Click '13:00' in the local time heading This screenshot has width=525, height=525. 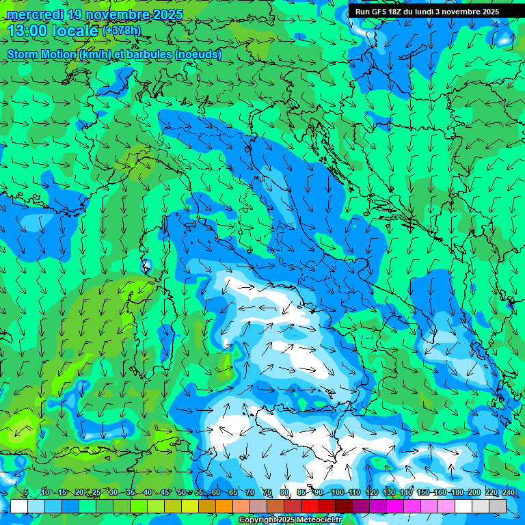pos(27,31)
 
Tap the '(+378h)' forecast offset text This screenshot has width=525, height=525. pos(122,31)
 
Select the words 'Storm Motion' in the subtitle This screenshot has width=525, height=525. pos(42,54)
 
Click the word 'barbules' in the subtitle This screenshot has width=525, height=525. pos(149,54)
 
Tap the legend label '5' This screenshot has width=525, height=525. pos(26,493)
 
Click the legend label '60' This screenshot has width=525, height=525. pos(215,493)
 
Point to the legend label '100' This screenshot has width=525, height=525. pos(337,493)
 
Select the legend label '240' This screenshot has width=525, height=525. pos(508,493)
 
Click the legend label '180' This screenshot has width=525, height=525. pos(457,493)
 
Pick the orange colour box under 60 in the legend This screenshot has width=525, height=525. pos(207,506)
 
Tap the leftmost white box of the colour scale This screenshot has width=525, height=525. pos(19,506)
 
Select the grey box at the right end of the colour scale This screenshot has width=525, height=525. pos(498,506)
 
